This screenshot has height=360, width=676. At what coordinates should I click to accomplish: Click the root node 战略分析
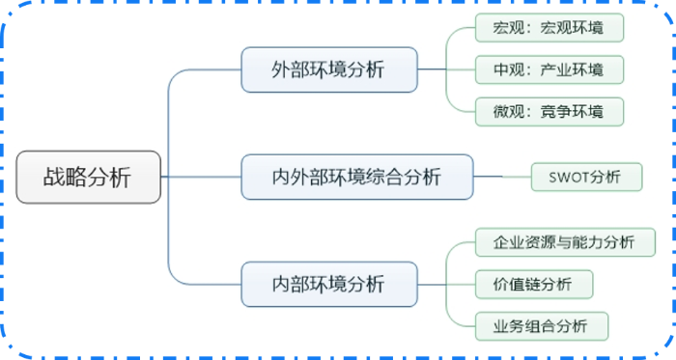point(87,178)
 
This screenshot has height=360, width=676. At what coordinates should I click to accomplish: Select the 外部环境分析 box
point(328,70)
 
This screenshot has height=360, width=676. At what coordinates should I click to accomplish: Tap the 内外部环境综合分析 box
point(356,178)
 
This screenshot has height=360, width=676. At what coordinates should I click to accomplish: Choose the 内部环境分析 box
point(328,285)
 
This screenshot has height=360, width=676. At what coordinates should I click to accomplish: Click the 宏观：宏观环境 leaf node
point(549,27)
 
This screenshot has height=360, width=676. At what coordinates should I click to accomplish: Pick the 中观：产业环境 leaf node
point(549,69)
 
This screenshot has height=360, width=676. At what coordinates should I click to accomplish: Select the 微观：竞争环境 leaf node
point(549,112)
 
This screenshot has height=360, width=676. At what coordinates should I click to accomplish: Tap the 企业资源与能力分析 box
point(566,242)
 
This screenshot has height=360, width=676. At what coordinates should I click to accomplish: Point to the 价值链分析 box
point(534,285)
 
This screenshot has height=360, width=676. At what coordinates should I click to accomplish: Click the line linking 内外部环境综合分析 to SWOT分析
point(502,178)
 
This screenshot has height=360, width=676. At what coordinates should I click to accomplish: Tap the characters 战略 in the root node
point(65,178)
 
